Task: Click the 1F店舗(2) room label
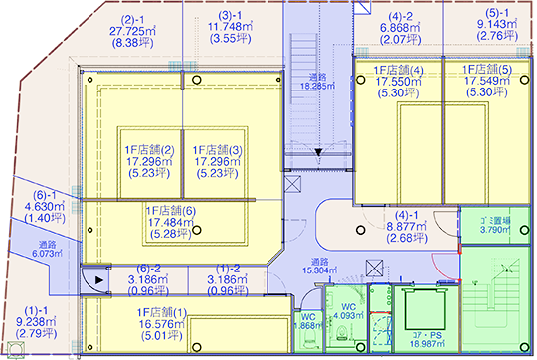click(x=149, y=150)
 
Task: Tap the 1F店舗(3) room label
click(x=218, y=150)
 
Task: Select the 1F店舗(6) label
click(x=171, y=211)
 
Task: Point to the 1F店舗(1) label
click(x=162, y=312)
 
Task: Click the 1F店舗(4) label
click(x=399, y=71)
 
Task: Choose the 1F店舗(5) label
click(x=487, y=70)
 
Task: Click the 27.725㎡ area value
click(x=132, y=31)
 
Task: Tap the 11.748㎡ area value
click(x=230, y=27)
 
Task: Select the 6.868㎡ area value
click(x=400, y=28)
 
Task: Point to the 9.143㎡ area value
click(x=497, y=24)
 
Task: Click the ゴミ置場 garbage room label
click(x=495, y=221)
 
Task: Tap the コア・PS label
click(x=427, y=336)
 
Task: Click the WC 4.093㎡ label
click(x=348, y=311)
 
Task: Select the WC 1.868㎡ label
click(x=308, y=321)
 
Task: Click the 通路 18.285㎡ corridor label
click(x=318, y=82)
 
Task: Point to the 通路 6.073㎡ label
click(x=47, y=249)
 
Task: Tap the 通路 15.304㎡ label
click(x=319, y=266)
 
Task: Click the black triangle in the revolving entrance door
click(x=99, y=280)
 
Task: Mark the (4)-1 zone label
click(x=407, y=215)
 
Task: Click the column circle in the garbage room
click(x=524, y=230)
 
